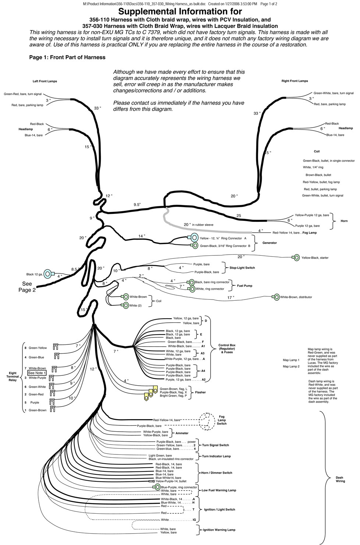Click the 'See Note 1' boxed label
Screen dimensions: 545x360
[37, 373]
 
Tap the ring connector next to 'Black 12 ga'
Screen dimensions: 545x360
[47, 273]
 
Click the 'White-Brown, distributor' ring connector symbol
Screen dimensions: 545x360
[276, 297]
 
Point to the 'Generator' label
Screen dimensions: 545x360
[269, 243]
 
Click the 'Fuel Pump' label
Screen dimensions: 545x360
[245, 286]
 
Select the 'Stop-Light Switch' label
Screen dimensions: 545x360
[242, 268]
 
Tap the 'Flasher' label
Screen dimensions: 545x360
[200, 392]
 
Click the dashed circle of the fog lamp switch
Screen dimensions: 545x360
[207, 420]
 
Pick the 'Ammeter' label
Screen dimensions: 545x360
[182, 433]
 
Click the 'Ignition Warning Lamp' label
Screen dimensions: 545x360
[219, 530]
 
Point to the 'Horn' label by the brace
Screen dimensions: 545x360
[344, 221]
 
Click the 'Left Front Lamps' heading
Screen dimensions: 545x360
[45, 81]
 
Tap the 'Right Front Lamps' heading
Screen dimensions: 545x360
[294, 81]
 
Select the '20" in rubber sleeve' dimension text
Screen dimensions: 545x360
[198, 224]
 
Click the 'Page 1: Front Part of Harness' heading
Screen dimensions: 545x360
[67, 57]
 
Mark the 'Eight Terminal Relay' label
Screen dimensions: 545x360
[13, 376]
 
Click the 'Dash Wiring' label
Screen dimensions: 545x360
[340, 479]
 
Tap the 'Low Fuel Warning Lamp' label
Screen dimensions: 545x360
[219, 490]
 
